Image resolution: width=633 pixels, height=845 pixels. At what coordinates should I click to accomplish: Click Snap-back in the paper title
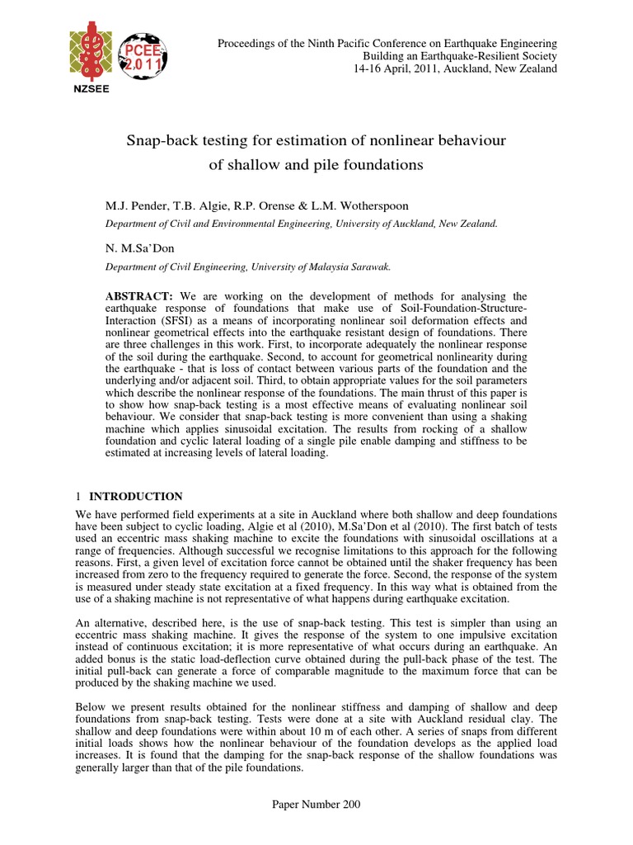click(x=157, y=141)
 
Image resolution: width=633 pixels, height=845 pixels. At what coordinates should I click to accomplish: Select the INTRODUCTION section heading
click(x=136, y=497)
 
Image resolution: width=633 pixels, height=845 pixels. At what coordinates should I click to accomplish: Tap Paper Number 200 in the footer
click(x=316, y=805)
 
